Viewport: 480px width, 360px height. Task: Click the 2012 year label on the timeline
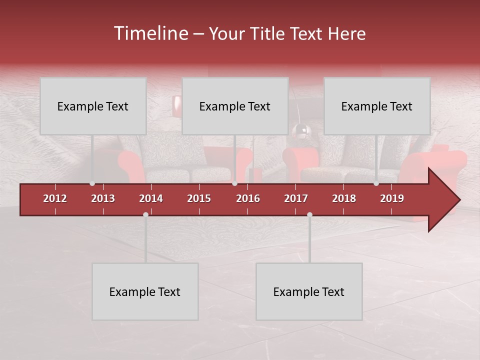point(55,198)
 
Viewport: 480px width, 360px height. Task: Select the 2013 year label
point(103,198)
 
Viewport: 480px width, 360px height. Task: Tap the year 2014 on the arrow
point(151,198)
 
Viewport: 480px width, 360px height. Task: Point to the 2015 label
point(199,198)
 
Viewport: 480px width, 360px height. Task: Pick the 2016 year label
point(248,198)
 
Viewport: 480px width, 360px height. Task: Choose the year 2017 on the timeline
point(296,198)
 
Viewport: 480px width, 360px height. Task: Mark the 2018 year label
point(344,198)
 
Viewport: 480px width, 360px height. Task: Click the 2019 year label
point(392,198)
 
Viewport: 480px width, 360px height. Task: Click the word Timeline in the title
point(150,33)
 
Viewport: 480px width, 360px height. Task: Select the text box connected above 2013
point(93,106)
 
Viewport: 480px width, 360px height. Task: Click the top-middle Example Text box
point(235,106)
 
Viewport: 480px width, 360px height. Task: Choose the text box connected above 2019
point(377,106)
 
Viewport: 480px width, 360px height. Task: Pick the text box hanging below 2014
point(145,291)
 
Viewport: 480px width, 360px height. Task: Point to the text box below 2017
point(309,291)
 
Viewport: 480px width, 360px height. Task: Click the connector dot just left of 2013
point(92,183)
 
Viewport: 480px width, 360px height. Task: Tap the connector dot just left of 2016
point(234,183)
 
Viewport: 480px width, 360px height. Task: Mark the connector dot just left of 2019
point(376,183)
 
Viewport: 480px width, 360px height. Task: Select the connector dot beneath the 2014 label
point(145,214)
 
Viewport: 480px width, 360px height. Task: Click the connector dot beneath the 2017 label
point(309,214)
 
